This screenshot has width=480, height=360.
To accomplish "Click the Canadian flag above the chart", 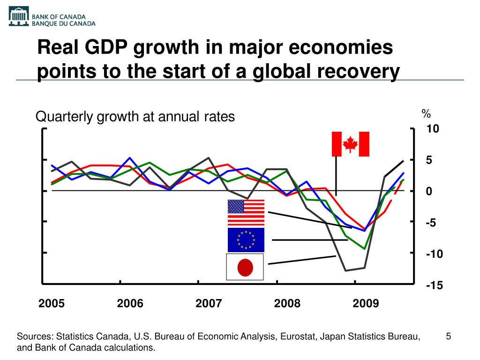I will [x=350, y=144].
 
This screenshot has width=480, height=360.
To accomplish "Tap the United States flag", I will [x=246, y=213].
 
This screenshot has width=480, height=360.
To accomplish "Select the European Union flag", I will [x=246, y=240].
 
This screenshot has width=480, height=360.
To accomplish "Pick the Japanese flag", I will [x=245, y=267].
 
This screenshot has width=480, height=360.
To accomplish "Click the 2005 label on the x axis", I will [x=52, y=304].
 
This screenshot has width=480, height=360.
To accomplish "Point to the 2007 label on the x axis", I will [x=209, y=304].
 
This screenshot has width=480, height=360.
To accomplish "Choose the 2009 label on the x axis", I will [x=366, y=304].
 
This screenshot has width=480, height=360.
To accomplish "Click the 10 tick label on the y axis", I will [x=432, y=129].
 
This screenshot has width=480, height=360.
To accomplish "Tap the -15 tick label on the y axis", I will [x=434, y=285].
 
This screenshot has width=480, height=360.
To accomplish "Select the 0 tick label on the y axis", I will [x=429, y=192].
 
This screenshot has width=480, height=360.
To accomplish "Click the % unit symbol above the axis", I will [x=426, y=114].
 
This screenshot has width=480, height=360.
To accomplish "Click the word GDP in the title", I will [x=109, y=48].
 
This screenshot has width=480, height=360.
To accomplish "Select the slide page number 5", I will [x=448, y=337].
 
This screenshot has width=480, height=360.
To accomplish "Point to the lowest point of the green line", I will [x=364, y=249].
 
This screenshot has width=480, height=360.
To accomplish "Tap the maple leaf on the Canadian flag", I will [x=350, y=144].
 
